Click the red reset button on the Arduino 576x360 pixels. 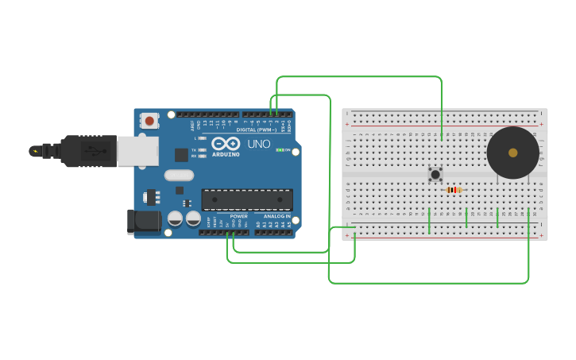pyautogui.click(x=149, y=121)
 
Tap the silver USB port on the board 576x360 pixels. pyautogui.click(x=137, y=150)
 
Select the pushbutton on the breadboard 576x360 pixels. pyautogui.click(x=435, y=174)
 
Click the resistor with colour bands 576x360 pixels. pyautogui.click(x=454, y=190)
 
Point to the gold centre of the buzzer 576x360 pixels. pyautogui.click(x=512, y=153)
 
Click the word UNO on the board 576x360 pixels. pyautogui.click(x=259, y=144)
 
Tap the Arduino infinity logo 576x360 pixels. pyautogui.click(x=225, y=144)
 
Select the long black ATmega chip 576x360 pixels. pyautogui.click(x=246, y=199)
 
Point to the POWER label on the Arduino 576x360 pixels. pyautogui.click(x=238, y=216)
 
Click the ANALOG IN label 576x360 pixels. pyautogui.click(x=276, y=216)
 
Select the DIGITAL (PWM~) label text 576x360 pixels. pyautogui.click(x=255, y=130)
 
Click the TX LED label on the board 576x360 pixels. pyautogui.click(x=194, y=149)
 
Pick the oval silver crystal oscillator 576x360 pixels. pyautogui.click(x=179, y=175)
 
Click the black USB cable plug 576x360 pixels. pyautogui.click(x=88, y=150)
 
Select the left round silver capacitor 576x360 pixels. pyautogui.click(x=176, y=218)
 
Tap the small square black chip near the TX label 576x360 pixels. pyautogui.click(x=182, y=155)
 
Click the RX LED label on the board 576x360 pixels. pyautogui.click(x=194, y=156)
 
